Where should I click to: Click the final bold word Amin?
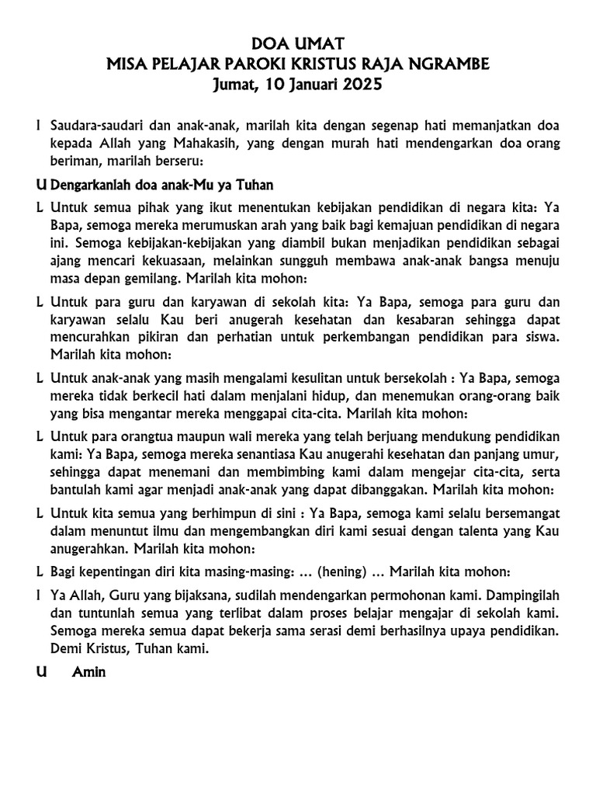[88, 673]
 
